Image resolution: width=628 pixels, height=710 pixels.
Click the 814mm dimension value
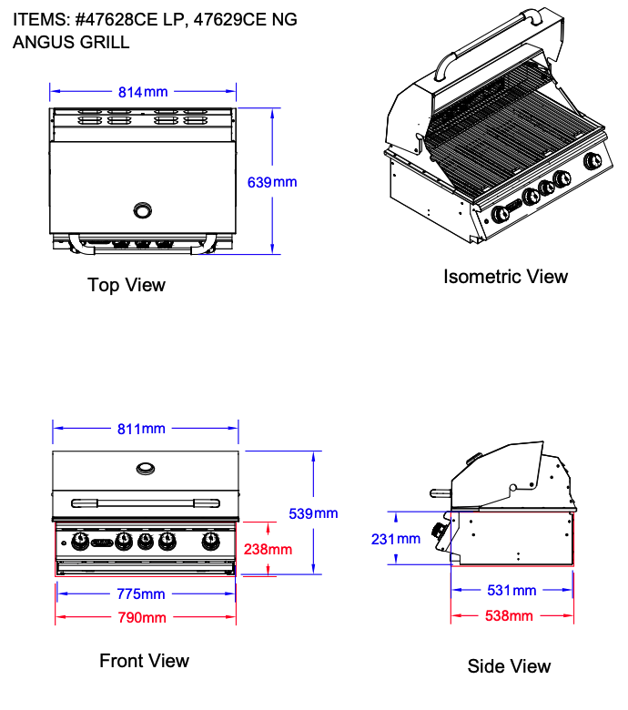(x=143, y=91)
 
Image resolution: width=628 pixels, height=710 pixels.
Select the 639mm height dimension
(x=272, y=182)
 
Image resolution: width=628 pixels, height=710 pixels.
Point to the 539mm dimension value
(x=313, y=513)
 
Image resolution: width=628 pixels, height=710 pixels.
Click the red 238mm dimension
(x=268, y=549)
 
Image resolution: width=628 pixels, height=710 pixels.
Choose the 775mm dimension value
(x=141, y=594)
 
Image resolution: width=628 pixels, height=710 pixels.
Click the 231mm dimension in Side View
(x=396, y=539)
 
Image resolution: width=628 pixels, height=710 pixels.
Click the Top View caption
(x=127, y=285)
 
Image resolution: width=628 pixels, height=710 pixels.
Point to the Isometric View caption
(x=505, y=276)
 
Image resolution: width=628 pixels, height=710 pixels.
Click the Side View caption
(x=509, y=666)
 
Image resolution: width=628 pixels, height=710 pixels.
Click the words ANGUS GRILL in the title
(x=71, y=42)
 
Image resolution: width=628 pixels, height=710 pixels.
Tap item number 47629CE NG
(x=246, y=19)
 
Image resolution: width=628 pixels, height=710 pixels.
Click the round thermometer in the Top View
(x=144, y=210)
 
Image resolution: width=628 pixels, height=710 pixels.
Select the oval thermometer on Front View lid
(x=146, y=468)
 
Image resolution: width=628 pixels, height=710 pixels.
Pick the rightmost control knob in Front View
(x=210, y=543)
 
